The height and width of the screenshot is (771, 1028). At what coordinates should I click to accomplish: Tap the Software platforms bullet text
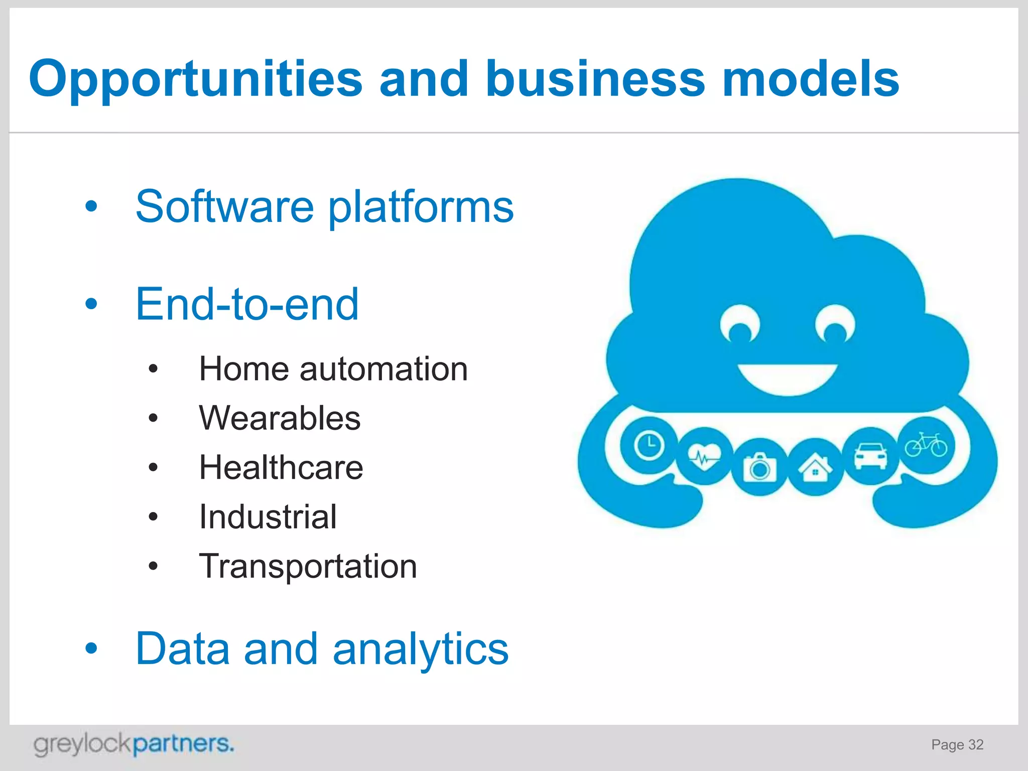324,207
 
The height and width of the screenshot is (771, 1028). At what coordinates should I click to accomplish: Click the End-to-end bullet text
247,304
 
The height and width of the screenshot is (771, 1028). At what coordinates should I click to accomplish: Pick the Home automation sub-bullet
333,369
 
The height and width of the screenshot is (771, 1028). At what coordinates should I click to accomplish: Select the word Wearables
280,418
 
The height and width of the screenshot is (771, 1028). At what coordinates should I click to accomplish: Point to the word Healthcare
281,467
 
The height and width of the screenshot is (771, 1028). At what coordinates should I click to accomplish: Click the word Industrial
268,517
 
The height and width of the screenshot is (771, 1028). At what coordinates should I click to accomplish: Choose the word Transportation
308,566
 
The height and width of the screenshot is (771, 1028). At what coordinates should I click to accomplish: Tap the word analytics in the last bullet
421,649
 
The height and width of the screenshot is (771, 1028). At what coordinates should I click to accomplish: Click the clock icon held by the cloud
649,445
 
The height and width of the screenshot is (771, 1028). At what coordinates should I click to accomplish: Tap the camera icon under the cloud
759,467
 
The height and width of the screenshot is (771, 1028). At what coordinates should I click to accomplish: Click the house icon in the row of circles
815,467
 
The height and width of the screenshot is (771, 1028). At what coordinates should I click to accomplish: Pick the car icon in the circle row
871,456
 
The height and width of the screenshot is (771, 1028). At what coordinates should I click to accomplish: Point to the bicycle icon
926,445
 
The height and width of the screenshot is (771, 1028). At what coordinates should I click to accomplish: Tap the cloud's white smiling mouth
787,379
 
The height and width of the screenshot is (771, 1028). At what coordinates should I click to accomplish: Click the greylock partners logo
134,744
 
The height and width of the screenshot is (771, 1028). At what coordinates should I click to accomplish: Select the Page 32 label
957,744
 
